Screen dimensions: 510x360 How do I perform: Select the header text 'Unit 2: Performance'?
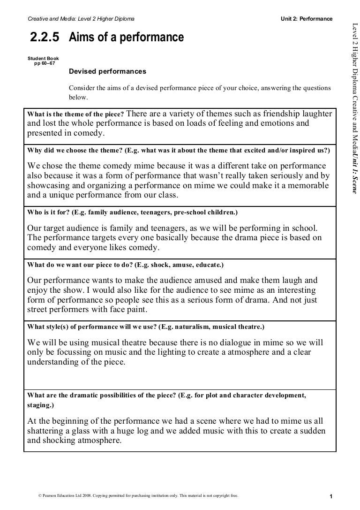[307, 19]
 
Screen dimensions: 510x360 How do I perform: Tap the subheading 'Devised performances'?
[107, 72]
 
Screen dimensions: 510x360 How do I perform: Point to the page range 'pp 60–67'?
[45, 63]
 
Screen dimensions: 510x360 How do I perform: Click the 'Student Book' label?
[43, 58]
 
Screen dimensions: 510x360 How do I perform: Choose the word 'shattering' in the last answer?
[47, 431]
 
